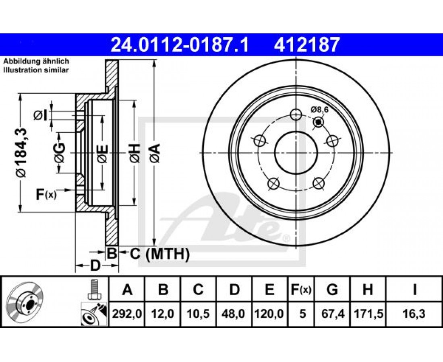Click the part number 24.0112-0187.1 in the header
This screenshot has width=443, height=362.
coord(180,45)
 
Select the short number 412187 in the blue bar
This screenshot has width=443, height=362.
coord(306,45)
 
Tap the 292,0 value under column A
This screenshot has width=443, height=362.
coord(127,314)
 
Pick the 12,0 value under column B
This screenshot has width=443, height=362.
coord(163,314)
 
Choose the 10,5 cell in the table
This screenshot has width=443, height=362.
coord(198,314)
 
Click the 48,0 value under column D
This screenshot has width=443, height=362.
coord(234,314)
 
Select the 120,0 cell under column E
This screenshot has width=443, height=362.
coord(269,314)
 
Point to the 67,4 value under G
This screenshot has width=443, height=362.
coord(332,314)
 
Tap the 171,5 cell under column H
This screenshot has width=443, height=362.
coord(368,314)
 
